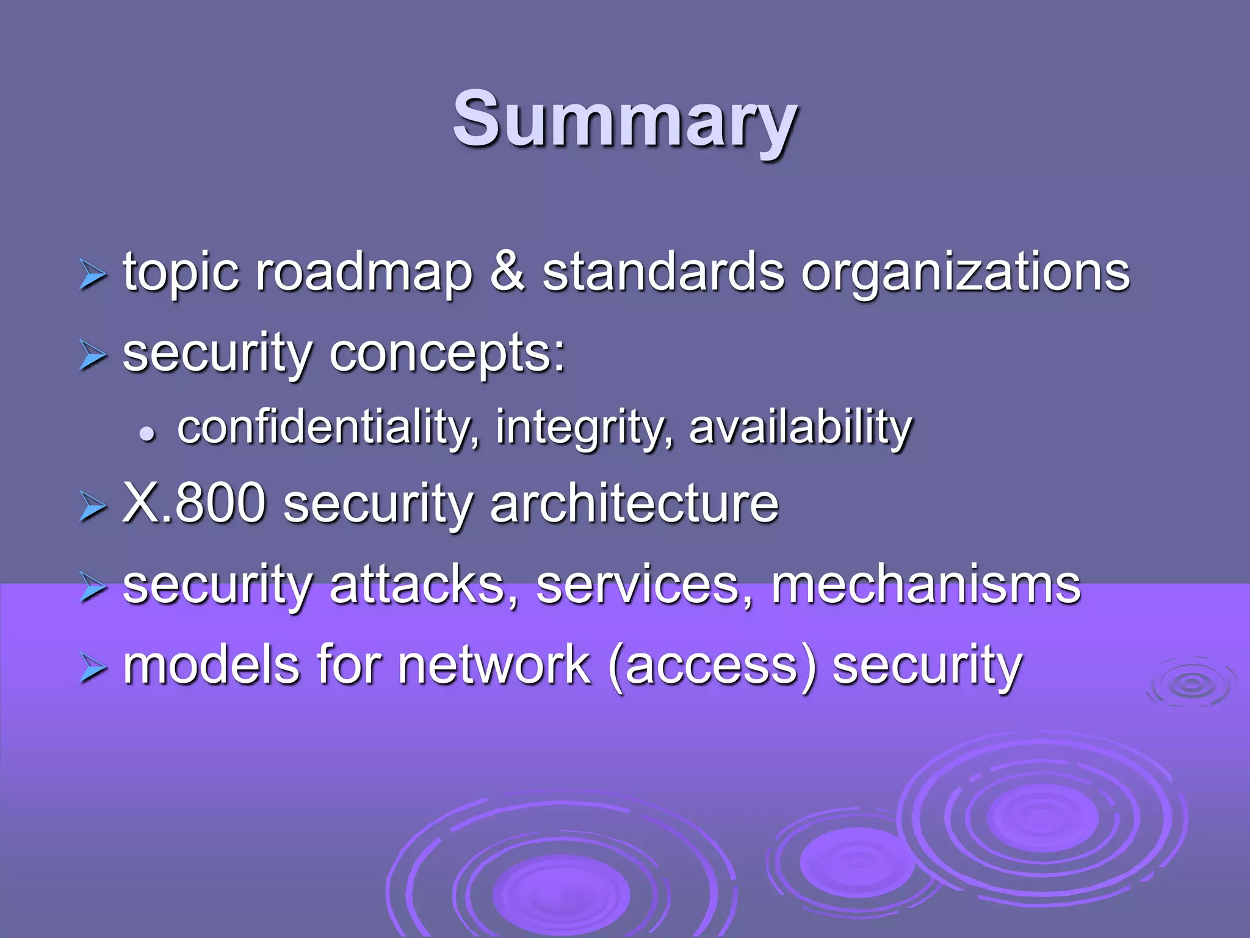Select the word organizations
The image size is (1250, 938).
pyautogui.click(x=965, y=274)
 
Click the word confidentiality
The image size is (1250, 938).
pyautogui.click(x=328, y=427)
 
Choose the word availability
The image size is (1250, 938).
pyautogui.click(x=800, y=428)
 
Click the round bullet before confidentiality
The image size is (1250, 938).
pyautogui.click(x=147, y=434)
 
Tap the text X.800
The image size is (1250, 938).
pyautogui.click(x=194, y=503)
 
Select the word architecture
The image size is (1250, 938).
pyautogui.click(x=634, y=503)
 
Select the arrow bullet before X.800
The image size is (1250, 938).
pyautogui.click(x=93, y=507)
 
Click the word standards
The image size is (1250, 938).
pyautogui.click(x=663, y=272)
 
